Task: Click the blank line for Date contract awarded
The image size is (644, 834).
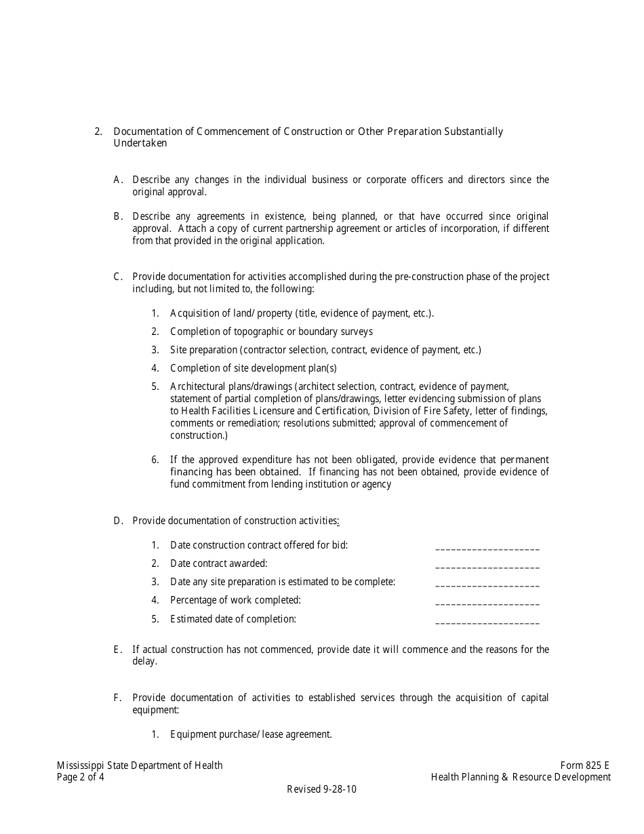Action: pyautogui.click(x=487, y=566)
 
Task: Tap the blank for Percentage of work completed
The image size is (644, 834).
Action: pyautogui.click(x=487, y=603)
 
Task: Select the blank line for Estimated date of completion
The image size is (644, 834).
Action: pyautogui.click(x=487, y=622)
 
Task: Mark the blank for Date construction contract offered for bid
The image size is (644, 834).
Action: pyautogui.click(x=487, y=548)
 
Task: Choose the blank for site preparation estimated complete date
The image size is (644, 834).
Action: pyautogui.click(x=487, y=584)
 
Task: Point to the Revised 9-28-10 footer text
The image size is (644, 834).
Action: pyautogui.click(x=321, y=789)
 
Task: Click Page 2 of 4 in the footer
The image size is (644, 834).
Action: pyautogui.click(x=81, y=777)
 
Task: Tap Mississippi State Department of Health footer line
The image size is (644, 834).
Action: pyautogui.click(x=140, y=766)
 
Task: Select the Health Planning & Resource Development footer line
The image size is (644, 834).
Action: pyautogui.click(x=521, y=777)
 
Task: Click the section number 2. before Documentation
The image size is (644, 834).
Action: pyautogui.click(x=98, y=132)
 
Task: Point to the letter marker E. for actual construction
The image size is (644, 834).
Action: pyautogui.click(x=118, y=650)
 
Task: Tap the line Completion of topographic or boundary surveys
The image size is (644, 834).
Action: pyautogui.click(x=271, y=332)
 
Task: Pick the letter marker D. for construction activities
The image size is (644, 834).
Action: pyautogui.click(x=118, y=521)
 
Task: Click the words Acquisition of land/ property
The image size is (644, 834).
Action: pyautogui.click(x=221, y=313)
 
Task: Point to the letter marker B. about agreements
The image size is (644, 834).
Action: pyautogui.click(x=118, y=216)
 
